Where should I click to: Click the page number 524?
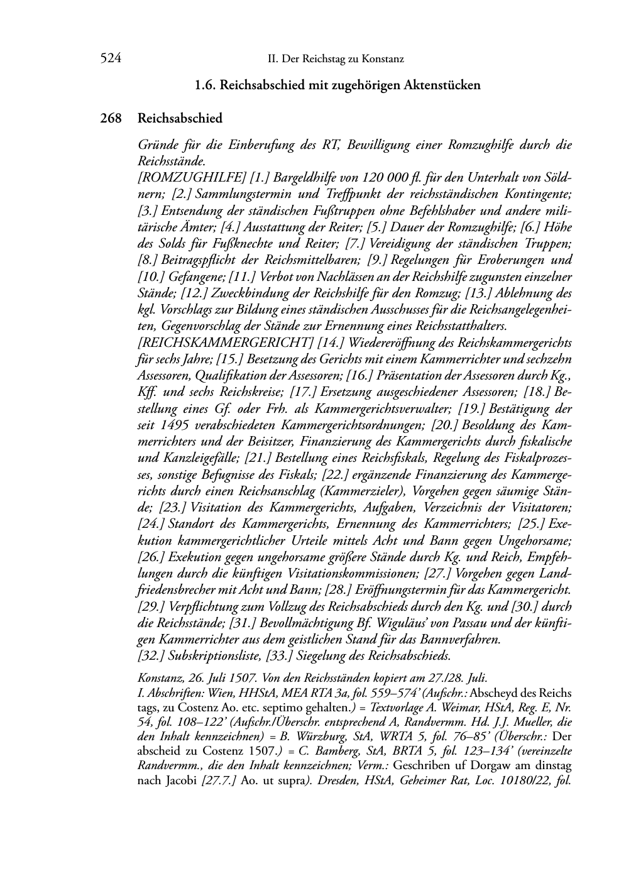[110, 59]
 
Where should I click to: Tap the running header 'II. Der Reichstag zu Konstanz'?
[336, 60]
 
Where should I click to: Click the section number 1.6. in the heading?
[207, 85]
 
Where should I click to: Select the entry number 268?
[111, 118]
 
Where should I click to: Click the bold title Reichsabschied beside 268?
[180, 118]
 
